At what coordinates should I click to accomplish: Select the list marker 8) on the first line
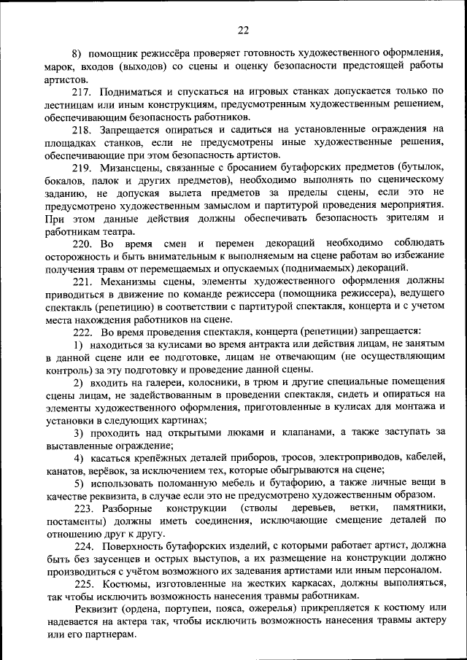click(x=77, y=53)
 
